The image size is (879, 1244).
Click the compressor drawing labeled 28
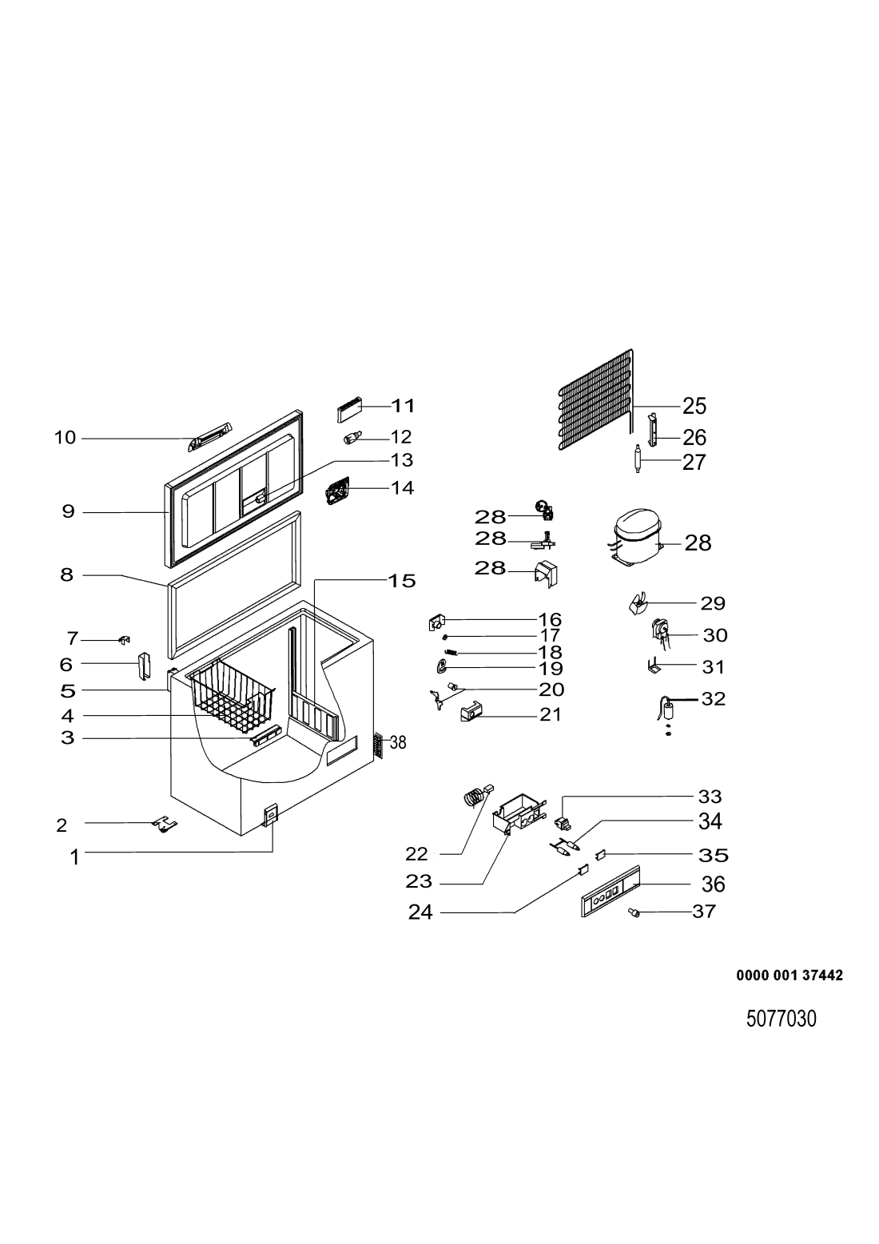click(x=635, y=538)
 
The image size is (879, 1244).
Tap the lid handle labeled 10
click(x=210, y=436)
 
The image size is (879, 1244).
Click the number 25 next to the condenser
click(x=694, y=406)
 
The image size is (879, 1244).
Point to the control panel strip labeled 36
click(x=611, y=891)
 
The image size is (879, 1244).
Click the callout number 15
click(x=402, y=582)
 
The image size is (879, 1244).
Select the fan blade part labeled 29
click(x=636, y=602)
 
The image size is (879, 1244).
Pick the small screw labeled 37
click(x=632, y=912)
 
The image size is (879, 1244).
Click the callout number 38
click(x=398, y=742)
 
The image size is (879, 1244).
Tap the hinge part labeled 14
click(x=338, y=491)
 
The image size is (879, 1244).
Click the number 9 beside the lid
click(x=68, y=511)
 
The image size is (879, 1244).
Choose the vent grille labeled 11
click(x=349, y=410)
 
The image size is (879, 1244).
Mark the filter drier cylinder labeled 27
click(x=638, y=459)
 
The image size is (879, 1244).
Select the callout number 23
click(x=419, y=881)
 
